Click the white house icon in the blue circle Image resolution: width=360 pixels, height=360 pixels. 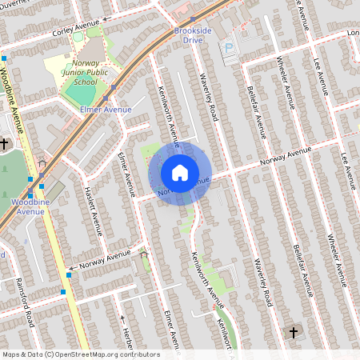pyautogui.click(x=180, y=172)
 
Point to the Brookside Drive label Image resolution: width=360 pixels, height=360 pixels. pyautogui.click(x=193, y=35)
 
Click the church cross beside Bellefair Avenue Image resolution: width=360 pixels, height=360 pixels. pyautogui.click(x=293, y=332)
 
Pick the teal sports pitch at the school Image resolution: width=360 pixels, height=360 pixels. pyautogui.click(x=80, y=93)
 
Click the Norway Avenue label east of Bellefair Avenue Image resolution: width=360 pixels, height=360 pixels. pyautogui.click(x=284, y=158)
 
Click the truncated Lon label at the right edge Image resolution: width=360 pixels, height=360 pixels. pyautogui.click(x=353, y=33)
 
